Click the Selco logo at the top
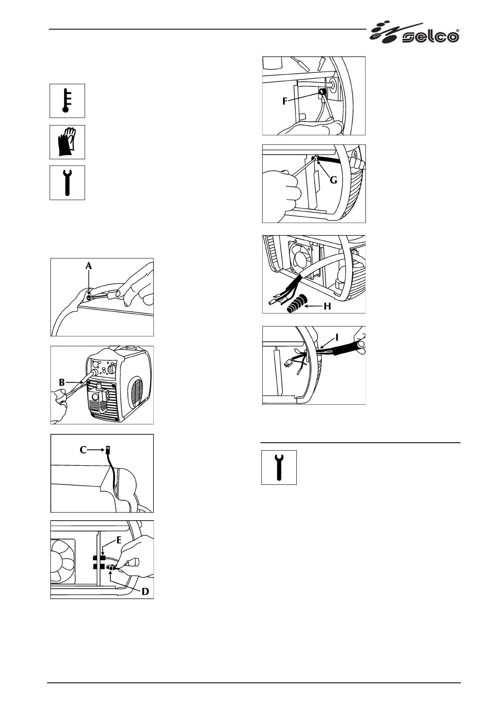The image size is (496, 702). [415, 33]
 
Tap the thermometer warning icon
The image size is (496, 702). [67, 101]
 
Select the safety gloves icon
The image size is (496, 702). [67, 142]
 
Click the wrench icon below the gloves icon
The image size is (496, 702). [67, 183]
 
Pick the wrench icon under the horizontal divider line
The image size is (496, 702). [279, 467]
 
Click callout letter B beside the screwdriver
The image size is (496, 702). [62, 381]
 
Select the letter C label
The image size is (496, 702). [83, 450]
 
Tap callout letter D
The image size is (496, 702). [145, 591]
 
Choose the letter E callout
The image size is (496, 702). [119, 540]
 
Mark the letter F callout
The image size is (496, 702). [285, 101]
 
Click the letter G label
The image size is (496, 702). [333, 181]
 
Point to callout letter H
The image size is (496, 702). [327, 306]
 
